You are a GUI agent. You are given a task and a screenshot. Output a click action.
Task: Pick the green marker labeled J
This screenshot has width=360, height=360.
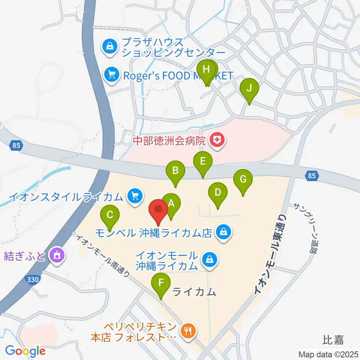250,89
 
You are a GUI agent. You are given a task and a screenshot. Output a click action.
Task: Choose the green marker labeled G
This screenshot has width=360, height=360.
243,180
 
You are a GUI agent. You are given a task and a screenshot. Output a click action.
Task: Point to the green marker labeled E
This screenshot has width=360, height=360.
203,162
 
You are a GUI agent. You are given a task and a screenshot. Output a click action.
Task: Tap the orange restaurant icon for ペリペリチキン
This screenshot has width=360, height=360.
187,330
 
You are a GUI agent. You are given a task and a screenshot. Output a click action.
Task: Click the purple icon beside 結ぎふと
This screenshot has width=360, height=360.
57,256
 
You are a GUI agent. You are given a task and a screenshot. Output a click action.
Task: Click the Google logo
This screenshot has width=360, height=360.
25,351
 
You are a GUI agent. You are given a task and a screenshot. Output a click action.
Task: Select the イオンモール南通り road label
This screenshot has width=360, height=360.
104,255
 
